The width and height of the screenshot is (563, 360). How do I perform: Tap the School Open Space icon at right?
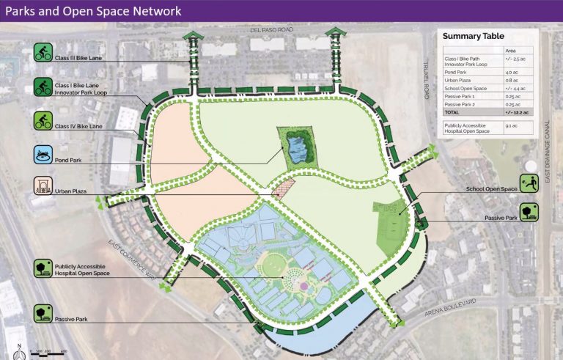tap(530, 183)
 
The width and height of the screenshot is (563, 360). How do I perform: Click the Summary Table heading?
tap(474, 37)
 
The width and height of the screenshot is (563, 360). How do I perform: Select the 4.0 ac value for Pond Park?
tap(511, 73)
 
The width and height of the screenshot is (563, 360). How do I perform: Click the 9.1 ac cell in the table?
tap(511, 126)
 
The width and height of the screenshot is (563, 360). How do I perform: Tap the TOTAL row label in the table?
tap(452, 112)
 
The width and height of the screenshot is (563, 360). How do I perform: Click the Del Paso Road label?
tap(271, 30)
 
